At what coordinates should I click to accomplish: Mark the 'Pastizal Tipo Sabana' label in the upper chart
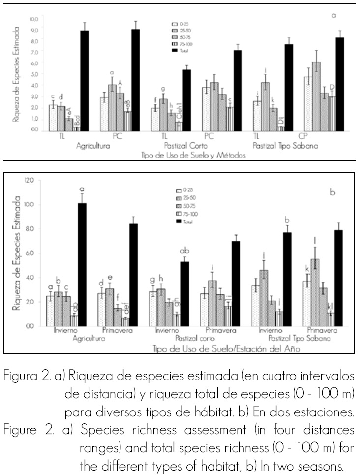click(x=285, y=146)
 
